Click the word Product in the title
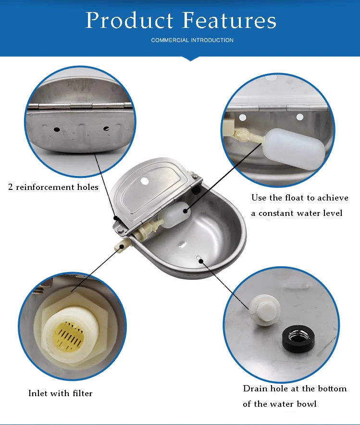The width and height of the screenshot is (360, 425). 129,20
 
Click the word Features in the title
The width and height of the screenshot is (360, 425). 229,20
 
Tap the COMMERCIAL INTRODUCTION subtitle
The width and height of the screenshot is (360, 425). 192,40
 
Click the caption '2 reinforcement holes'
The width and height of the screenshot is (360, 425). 53,187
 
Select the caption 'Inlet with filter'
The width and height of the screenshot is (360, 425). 60,393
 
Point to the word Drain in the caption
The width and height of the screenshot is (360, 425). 255,388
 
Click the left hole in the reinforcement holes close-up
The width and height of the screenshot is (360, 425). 56,129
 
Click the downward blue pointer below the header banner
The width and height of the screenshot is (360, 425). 191,59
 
